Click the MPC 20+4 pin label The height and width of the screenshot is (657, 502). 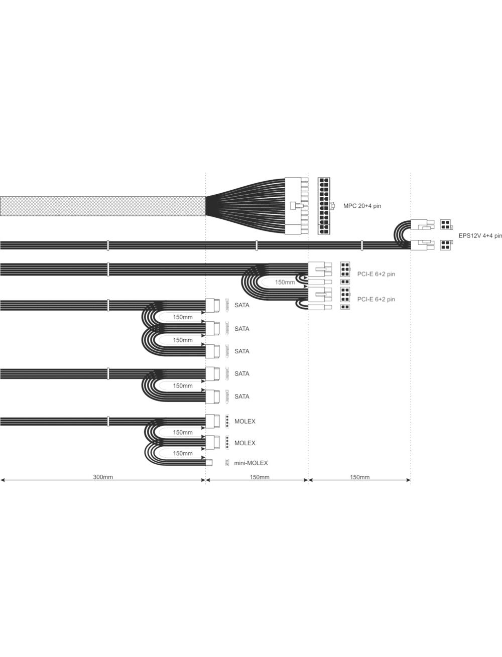(x=362, y=206)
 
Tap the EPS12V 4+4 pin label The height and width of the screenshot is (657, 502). (x=480, y=236)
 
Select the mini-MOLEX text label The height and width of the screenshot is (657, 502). (x=251, y=463)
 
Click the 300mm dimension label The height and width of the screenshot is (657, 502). (x=103, y=477)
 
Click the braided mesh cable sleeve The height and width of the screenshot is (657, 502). (x=103, y=206)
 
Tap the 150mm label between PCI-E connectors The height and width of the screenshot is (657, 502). (x=285, y=282)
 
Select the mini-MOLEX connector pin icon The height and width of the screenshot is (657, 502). (x=227, y=463)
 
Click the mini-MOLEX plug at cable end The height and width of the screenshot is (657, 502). (x=209, y=463)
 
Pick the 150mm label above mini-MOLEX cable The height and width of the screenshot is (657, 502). (x=183, y=453)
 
